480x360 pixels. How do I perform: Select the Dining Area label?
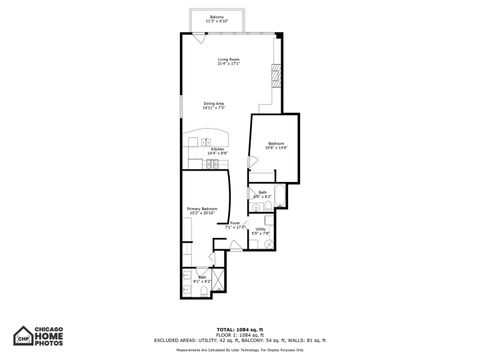tap(214, 103)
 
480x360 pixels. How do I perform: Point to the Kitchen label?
tap(216, 148)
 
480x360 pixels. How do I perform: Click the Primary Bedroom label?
tap(202, 209)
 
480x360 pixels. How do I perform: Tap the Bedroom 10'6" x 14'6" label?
tap(277, 145)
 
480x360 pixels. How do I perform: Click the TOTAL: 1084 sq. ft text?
tap(239, 328)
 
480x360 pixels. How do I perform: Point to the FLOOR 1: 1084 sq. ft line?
tap(239, 334)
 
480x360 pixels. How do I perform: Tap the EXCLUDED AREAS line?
tap(239, 340)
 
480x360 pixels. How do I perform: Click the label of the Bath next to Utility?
tap(262, 192)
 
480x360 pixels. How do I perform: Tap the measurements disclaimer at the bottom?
tap(239, 351)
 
